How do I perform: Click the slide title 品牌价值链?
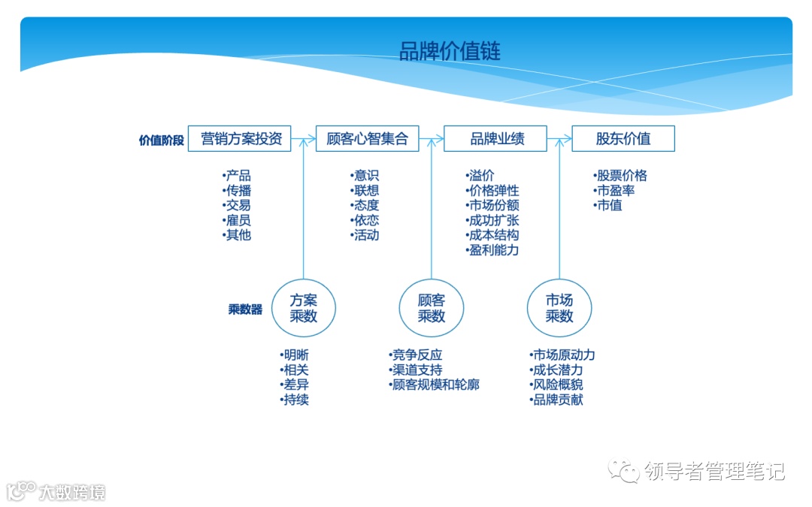coord(450,51)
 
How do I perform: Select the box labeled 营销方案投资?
coord(239,139)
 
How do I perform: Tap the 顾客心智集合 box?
coord(368,139)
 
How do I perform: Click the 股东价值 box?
coord(623,139)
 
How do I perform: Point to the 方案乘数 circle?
coord(303,308)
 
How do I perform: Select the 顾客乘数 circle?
coord(432,308)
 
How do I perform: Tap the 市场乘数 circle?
coord(559,308)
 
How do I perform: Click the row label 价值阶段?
coord(161,140)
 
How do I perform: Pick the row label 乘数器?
coord(245,309)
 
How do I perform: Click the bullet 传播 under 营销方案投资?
coord(238,191)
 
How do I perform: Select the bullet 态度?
coord(366,205)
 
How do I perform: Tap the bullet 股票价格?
coord(621,176)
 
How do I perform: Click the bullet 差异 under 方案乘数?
coord(295,385)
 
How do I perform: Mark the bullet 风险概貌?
coord(557,385)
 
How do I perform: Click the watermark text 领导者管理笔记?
coord(714,471)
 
